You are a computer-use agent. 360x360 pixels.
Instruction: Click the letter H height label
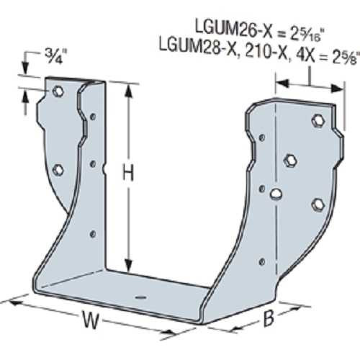pyautogui.click(x=127, y=173)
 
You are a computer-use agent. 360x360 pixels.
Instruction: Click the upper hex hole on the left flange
pyautogui.click(x=58, y=92)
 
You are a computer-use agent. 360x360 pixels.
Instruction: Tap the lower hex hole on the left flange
pyautogui.click(x=58, y=169)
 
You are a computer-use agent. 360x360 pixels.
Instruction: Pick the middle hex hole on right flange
pyautogui.click(x=291, y=159)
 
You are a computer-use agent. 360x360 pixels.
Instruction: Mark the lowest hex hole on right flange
pyautogui.click(x=317, y=205)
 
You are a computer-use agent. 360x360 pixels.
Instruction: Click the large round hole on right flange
pyautogui.click(x=275, y=192)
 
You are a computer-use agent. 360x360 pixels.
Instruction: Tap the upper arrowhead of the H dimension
pyautogui.click(x=129, y=88)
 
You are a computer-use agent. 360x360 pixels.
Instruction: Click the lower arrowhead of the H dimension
pyautogui.click(x=129, y=264)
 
